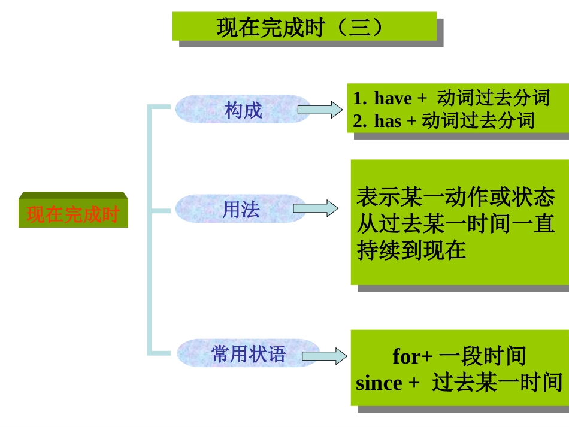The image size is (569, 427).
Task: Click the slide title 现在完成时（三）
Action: [x=304, y=28]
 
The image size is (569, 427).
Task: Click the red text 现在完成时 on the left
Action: [x=73, y=214]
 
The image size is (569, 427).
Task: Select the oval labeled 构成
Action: [x=243, y=110]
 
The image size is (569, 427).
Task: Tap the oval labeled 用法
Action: [x=241, y=209]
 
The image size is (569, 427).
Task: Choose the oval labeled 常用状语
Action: [x=249, y=353]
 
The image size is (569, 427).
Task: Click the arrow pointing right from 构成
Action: [x=320, y=110]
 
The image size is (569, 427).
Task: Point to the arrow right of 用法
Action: [x=315, y=208]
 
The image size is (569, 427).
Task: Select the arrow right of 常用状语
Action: [x=324, y=356]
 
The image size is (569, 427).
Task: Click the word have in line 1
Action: [x=393, y=98]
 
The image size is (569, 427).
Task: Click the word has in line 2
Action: [x=388, y=121]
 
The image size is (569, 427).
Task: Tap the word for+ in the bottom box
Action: [x=412, y=356]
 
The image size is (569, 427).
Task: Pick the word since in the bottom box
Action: [x=379, y=383]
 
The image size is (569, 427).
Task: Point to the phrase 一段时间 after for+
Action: [x=482, y=356]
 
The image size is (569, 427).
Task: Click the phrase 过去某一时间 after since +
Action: [x=497, y=383]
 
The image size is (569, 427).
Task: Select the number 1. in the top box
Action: [x=359, y=98]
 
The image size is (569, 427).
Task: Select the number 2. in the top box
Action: [x=359, y=121]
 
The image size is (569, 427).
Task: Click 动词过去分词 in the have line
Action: [x=493, y=98]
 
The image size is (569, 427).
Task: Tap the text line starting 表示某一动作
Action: [x=455, y=197]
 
